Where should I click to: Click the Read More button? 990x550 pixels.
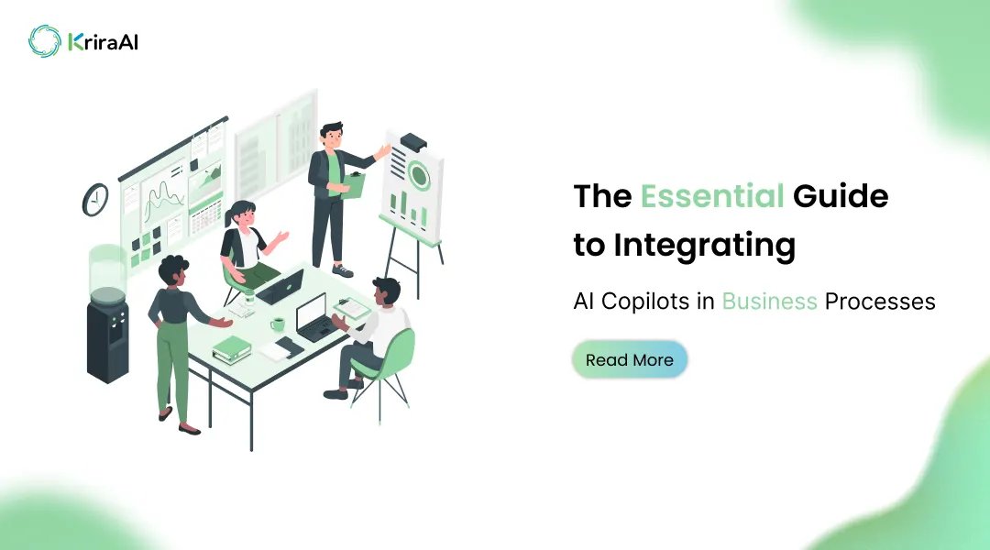629,360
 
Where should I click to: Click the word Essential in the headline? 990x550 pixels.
711,196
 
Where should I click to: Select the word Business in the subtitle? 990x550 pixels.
769,301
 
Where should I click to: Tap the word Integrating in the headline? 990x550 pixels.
704,246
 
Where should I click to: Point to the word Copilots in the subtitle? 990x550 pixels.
654,301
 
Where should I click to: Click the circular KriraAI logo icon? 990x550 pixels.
44,41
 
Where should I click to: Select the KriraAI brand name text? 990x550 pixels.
103,42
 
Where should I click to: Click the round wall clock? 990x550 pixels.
95,199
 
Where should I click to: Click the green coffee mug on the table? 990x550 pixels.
277,324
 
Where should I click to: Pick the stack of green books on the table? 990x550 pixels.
232,348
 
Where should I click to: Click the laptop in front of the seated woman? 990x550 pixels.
280,287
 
